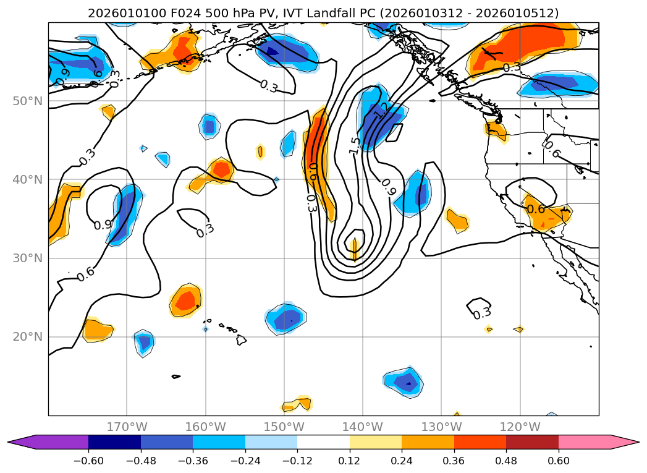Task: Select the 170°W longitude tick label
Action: click(x=127, y=427)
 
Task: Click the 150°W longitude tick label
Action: click(x=284, y=427)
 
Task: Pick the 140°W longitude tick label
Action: click(x=363, y=427)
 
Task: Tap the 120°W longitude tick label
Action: click(x=520, y=427)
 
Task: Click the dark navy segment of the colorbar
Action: click(x=114, y=441)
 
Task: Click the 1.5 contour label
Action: click(x=354, y=145)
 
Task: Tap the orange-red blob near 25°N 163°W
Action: click(x=185, y=300)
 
